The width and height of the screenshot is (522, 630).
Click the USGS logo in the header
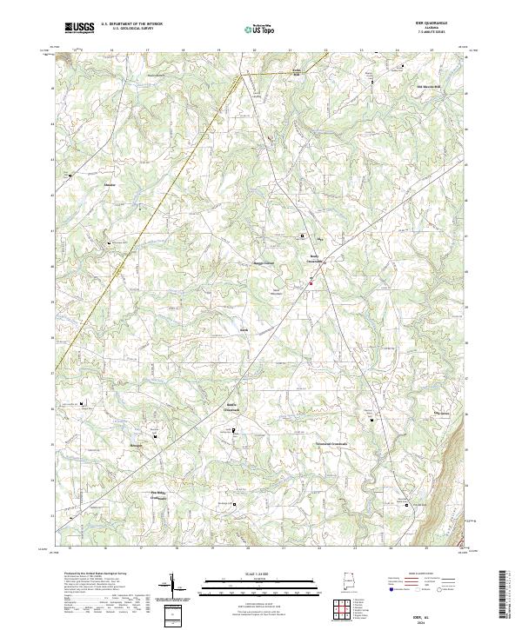coord(79,28)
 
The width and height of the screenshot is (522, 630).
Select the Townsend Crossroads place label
coord(331,443)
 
